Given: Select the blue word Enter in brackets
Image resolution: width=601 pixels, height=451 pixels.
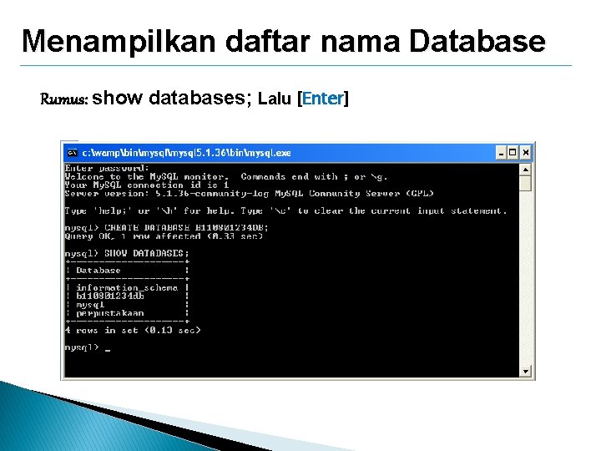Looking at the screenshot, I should point(323,99).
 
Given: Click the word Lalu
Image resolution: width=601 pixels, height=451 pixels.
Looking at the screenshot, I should point(276,99).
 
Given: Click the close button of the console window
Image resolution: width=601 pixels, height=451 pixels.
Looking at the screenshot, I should point(525,153).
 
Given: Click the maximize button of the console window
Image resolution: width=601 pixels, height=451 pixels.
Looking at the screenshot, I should point(513,153).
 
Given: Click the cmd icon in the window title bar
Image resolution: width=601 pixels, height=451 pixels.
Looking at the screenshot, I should point(73,153).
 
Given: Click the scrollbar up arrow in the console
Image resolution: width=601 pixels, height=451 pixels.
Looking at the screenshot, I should point(526,168).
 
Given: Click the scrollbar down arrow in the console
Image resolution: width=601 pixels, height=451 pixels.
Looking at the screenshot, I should point(526,372).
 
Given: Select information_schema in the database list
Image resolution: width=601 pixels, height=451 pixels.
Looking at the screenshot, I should point(127,287).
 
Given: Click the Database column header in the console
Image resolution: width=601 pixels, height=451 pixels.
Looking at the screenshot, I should point(98,271).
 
